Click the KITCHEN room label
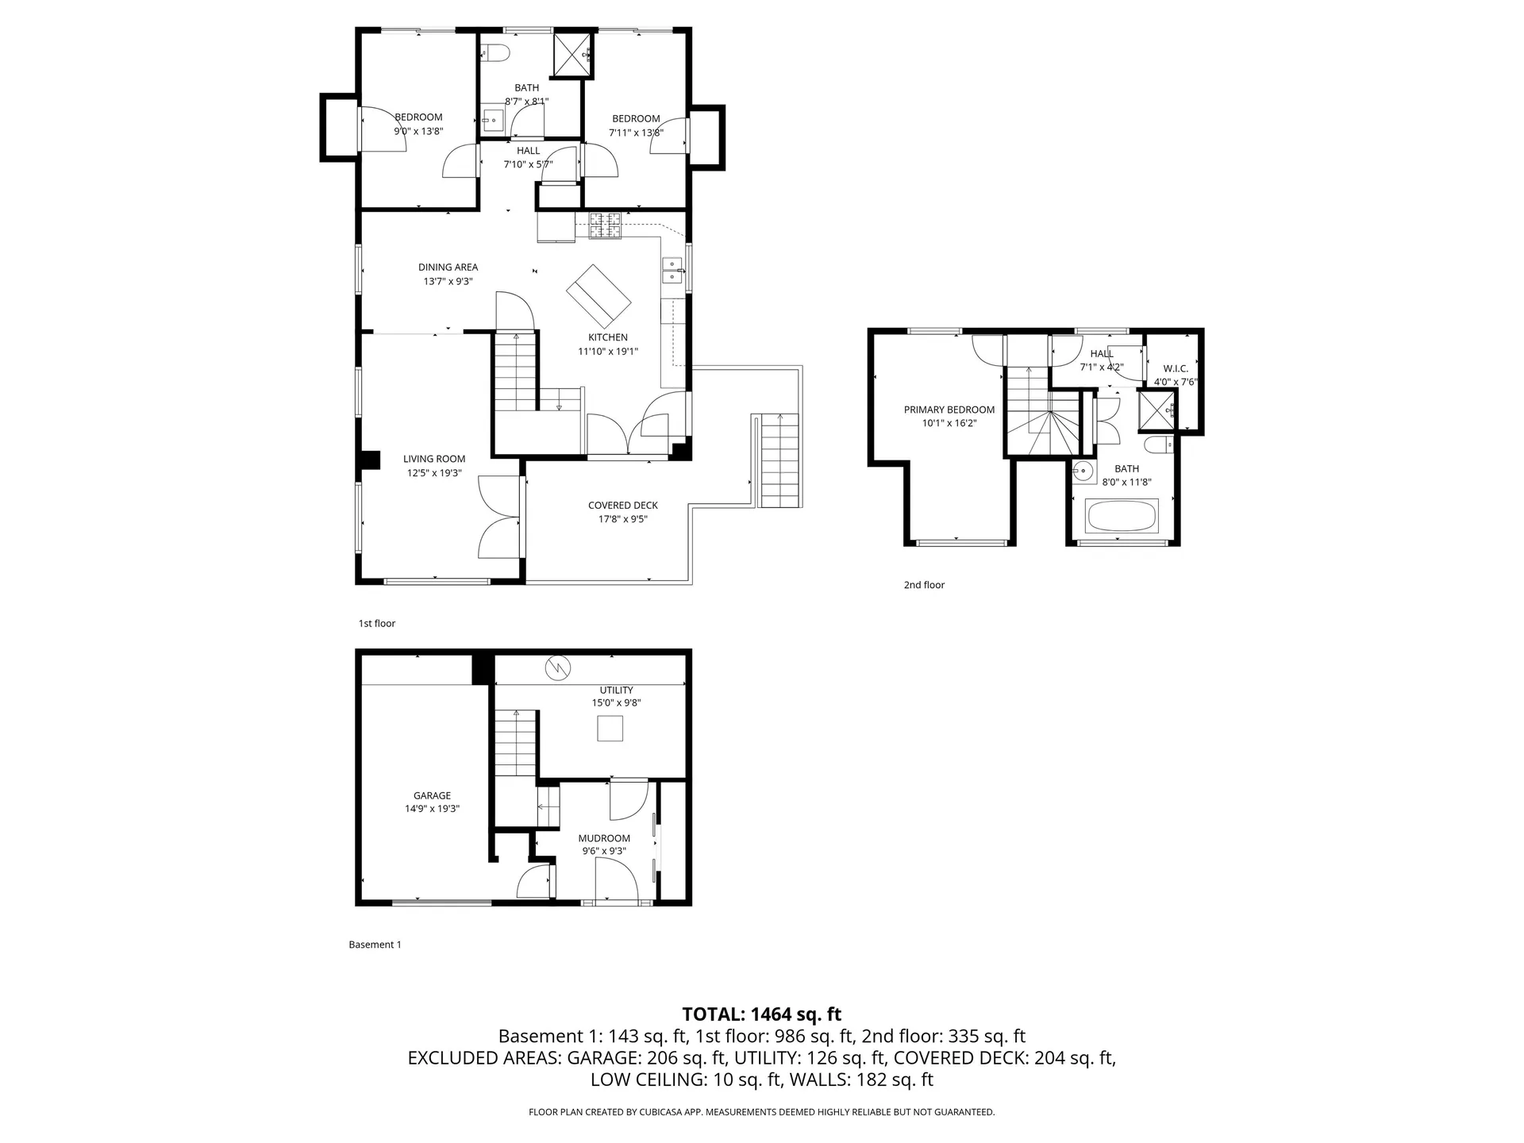click(x=608, y=337)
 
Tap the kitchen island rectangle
click(x=598, y=295)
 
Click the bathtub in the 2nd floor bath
click(x=1122, y=516)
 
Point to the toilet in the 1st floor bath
click(x=495, y=54)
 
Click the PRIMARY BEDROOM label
click(x=949, y=410)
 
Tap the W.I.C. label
click(x=1176, y=368)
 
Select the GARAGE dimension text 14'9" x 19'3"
click(x=432, y=809)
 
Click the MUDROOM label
click(x=604, y=838)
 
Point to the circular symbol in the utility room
click(x=557, y=669)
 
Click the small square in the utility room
click(x=610, y=728)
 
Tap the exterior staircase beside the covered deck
click(x=779, y=461)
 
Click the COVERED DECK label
click(x=623, y=505)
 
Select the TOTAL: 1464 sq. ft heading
click(x=761, y=1014)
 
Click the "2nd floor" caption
click(x=924, y=585)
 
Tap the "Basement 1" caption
click(x=375, y=945)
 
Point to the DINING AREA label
click(x=448, y=267)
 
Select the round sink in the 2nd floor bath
click(x=1082, y=472)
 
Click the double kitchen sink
click(x=672, y=270)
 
